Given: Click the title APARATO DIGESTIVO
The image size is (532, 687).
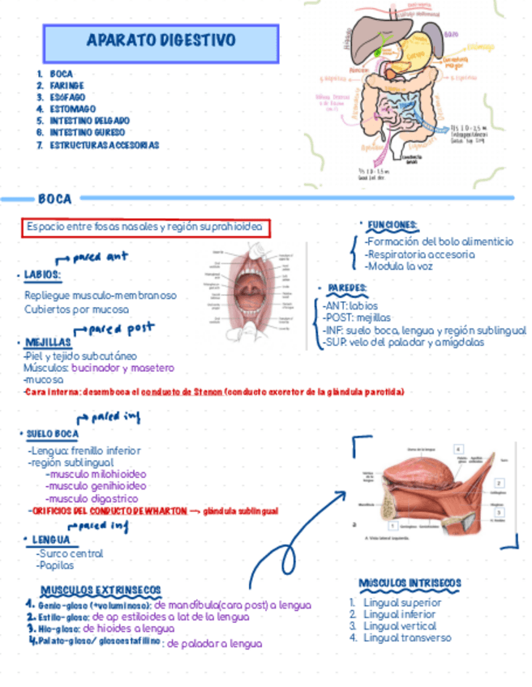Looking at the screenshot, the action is [x=161, y=41].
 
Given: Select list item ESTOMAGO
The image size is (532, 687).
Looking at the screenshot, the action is [x=72, y=109].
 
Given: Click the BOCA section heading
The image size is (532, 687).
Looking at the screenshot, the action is [x=54, y=198].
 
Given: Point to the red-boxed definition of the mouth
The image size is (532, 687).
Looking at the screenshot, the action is [x=146, y=228].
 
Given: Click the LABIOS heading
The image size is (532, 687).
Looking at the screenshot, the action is [x=42, y=275].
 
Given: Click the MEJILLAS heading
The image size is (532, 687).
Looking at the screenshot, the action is [x=48, y=343].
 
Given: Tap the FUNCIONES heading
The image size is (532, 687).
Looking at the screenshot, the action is [x=393, y=224].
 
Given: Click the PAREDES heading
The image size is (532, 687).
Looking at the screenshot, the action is [x=347, y=288].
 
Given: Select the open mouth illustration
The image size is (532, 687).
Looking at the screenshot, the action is [x=251, y=292].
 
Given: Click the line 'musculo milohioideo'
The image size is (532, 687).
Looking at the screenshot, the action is [x=97, y=474].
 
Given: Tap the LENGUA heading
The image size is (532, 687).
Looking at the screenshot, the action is [x=52, y=540].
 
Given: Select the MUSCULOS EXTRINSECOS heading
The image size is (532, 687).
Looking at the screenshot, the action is [x=101, y=590].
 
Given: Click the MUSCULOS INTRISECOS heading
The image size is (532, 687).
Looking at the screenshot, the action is [x=410, y=583].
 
